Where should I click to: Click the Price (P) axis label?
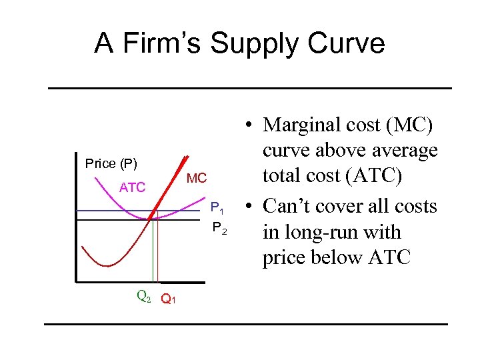click(x=111, y=164)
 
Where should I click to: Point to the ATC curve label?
click(x=132, y=187)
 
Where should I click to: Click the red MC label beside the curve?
click(x=197, y=178)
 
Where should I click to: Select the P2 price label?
click(x=219, y=229)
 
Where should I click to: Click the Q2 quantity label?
click(x=143, y=295)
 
